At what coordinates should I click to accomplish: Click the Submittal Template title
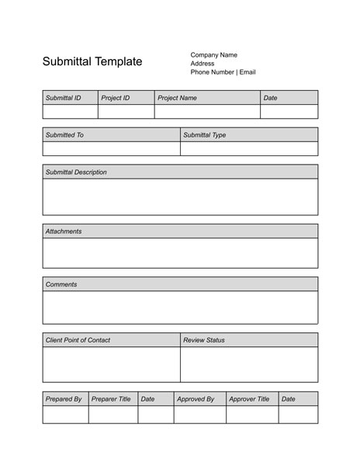(92, 62)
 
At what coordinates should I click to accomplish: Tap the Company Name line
(214, 55)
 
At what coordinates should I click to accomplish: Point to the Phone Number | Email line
(223, 72)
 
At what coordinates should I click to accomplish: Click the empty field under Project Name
(207, 112)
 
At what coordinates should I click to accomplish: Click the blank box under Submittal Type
(248, 149)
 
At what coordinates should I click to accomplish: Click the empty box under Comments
(180, 308)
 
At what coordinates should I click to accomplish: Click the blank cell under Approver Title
(252, 415)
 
